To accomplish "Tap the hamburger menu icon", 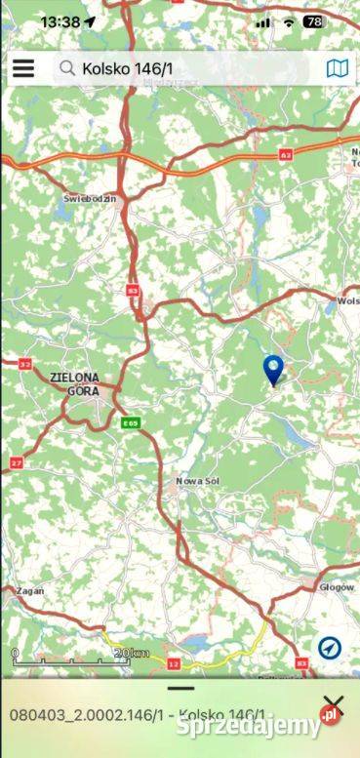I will (23, 68).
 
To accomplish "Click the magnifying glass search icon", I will (67, 68).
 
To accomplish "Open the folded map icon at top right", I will (337, 68).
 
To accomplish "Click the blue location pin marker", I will (274, 370).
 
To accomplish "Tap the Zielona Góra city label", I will (74, 382).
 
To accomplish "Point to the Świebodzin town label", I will (90, 198).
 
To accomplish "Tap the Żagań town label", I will (29, 592).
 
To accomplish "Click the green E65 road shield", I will (131, 422).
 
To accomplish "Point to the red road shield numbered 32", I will (23, 364).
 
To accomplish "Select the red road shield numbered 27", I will (17, 461).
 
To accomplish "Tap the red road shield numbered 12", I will (174, 664).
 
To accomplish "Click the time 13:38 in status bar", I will (60, 21).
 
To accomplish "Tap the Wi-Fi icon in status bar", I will (288, 21).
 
